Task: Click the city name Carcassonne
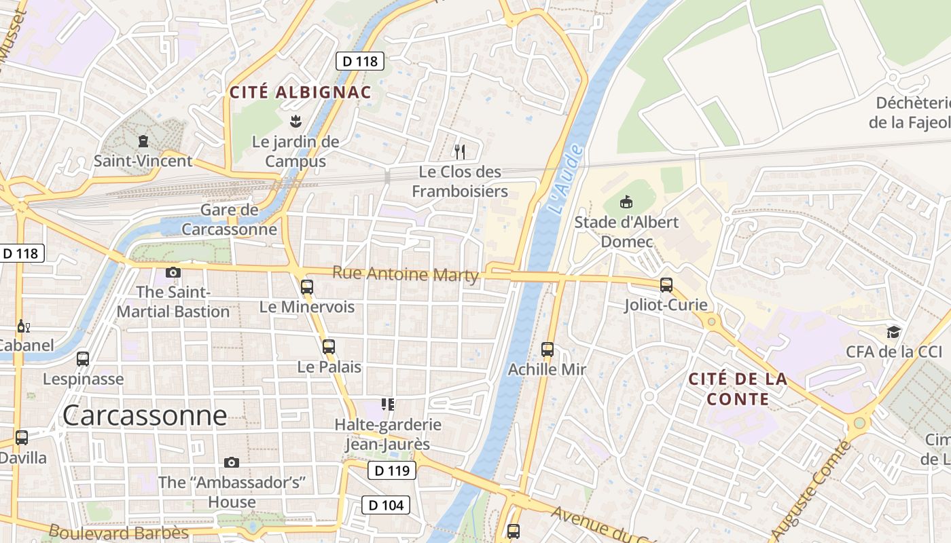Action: point(145,415)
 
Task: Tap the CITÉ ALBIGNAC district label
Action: point(300,93)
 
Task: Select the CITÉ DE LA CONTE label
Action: point(738,389)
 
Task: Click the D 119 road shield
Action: point(392,470)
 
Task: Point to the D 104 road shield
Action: point(385,505)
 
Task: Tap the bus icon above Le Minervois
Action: point(307,286)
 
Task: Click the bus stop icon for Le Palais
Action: point(329,347)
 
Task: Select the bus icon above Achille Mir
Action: point(548,350)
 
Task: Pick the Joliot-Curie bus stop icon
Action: point(666,285)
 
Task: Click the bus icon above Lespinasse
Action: point(83,358)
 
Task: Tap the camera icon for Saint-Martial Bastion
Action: point(173,272)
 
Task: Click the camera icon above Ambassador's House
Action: point(232,462)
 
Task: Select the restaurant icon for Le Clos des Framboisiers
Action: point(460,151)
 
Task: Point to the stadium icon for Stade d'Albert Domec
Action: point(626,202)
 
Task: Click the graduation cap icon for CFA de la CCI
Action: point(893,332)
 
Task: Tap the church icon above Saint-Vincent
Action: point(143,141)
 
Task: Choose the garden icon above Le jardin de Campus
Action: point(295,122)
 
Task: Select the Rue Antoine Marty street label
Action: point(406,274)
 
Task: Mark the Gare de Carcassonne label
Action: point(229,219)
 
